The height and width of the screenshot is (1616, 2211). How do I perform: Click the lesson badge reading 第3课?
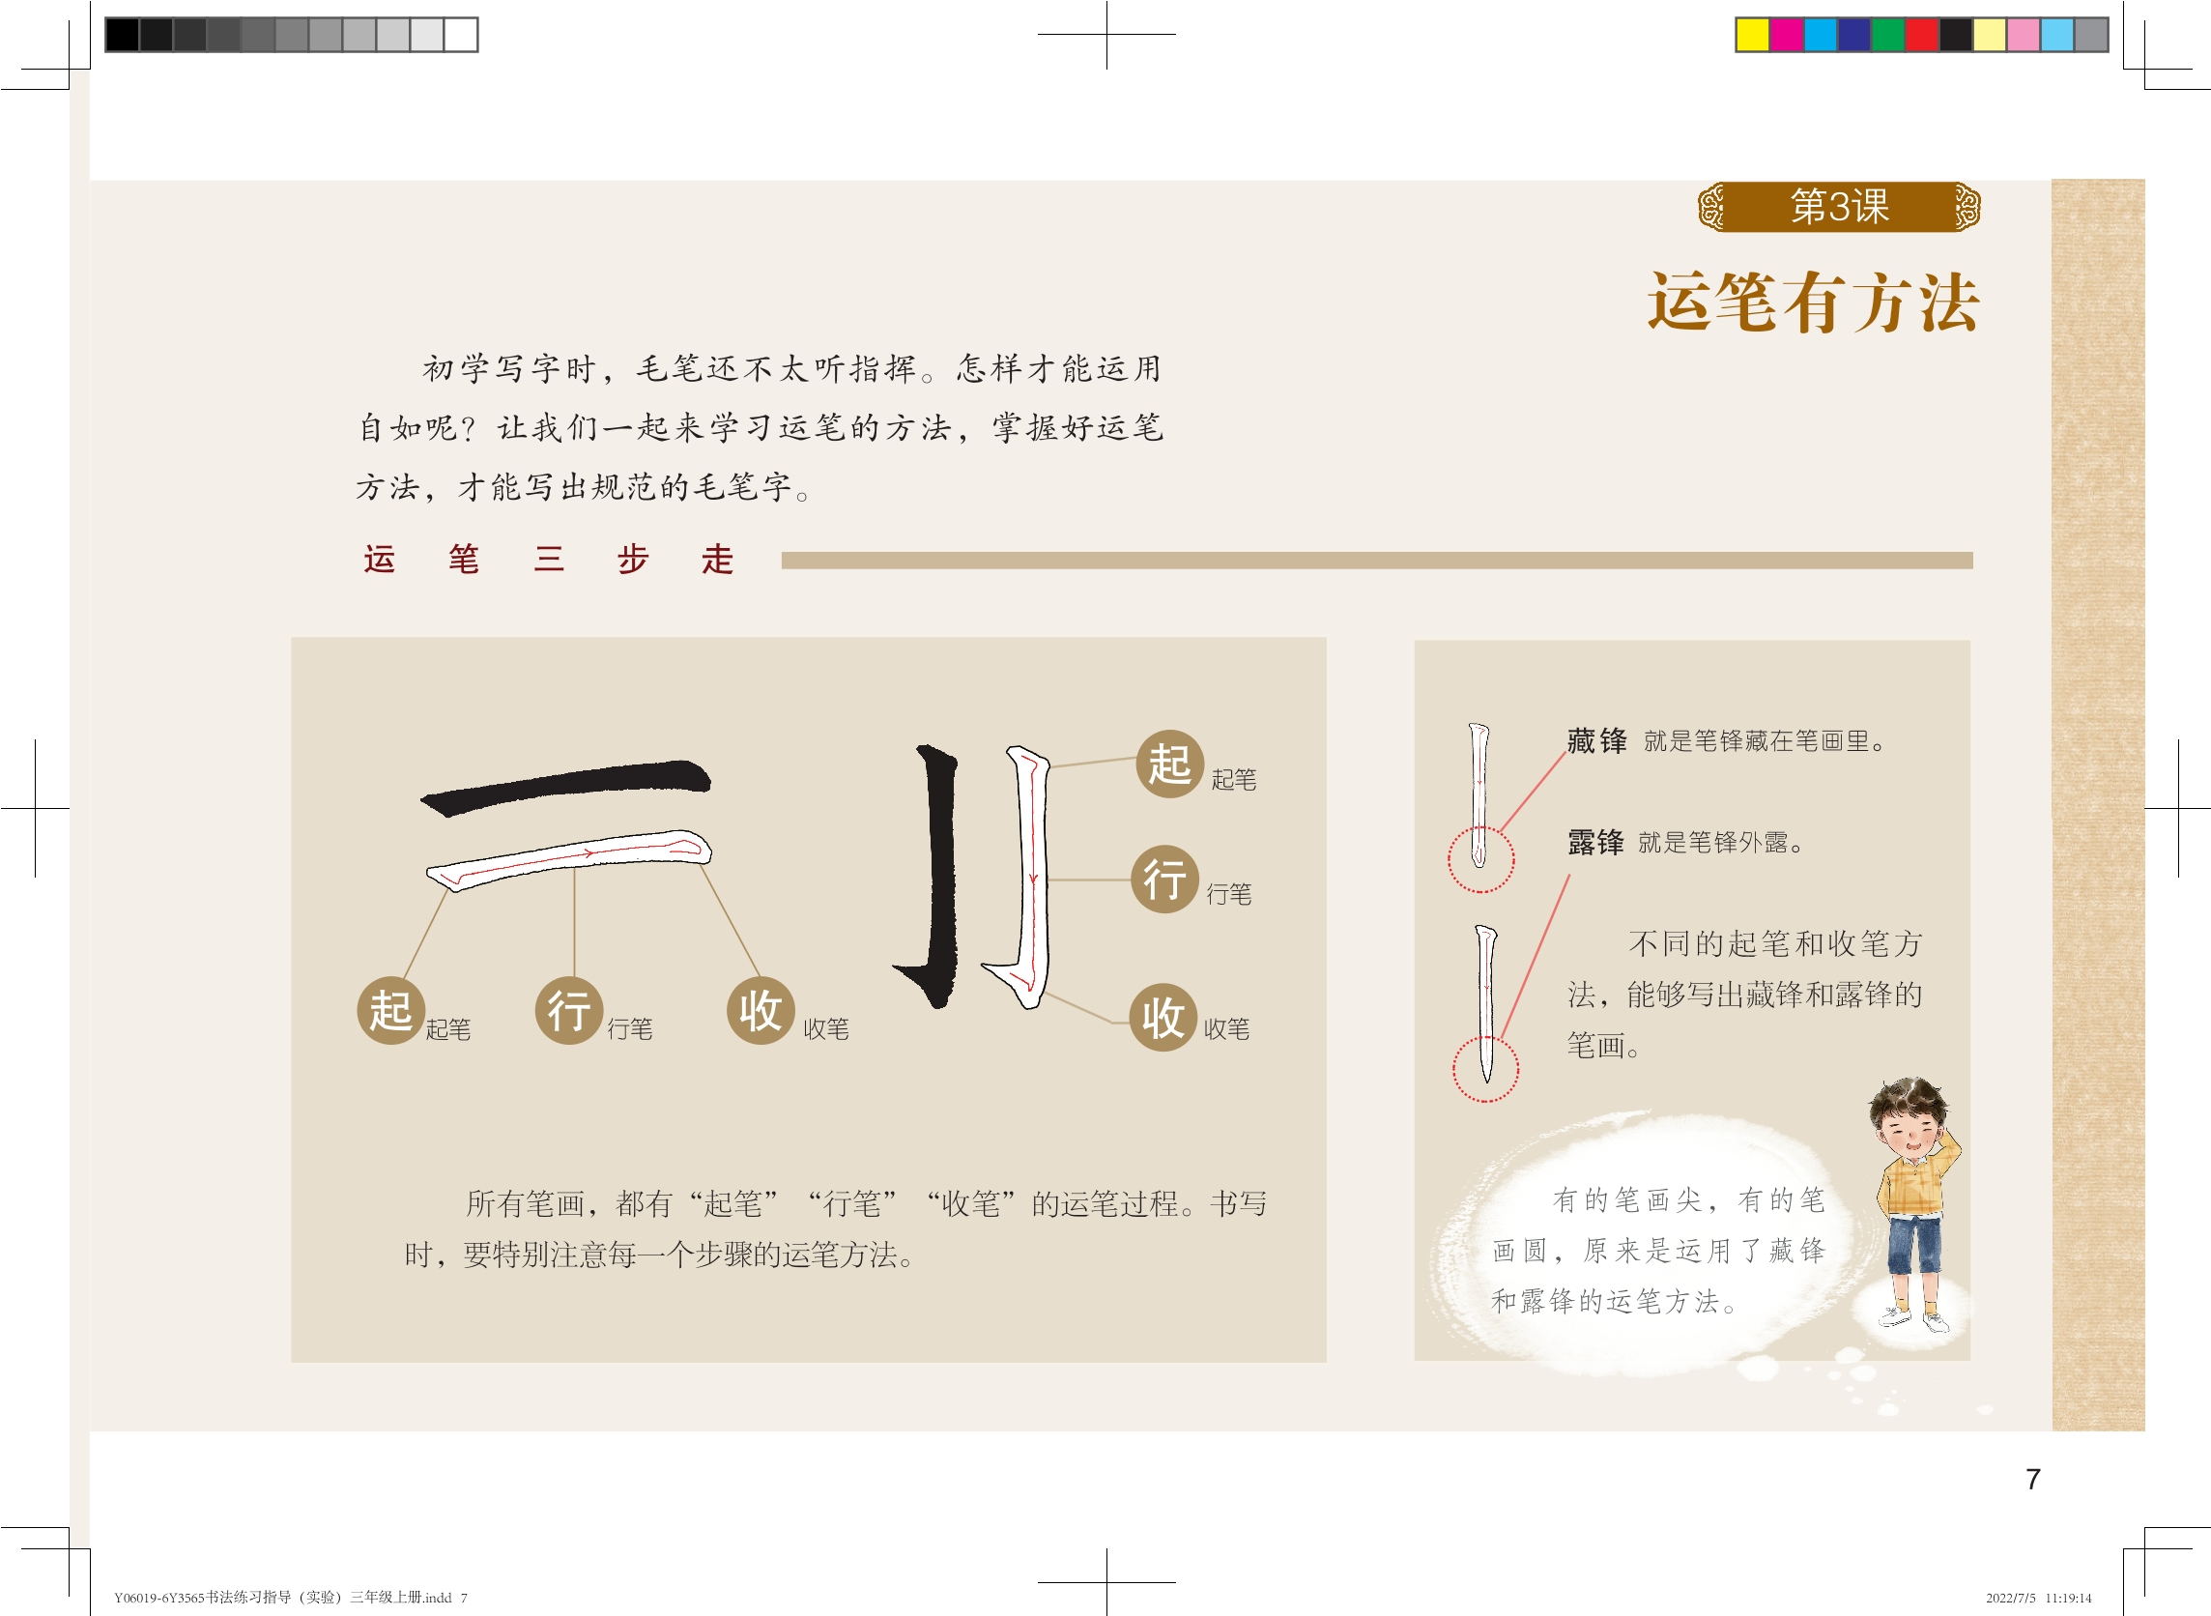pos(1839,207)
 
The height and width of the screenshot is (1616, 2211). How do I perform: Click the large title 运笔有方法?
pos(1813,303)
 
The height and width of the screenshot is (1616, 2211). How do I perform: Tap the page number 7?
pos(2033,1479)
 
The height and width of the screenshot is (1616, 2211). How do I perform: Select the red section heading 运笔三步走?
pos(549,560)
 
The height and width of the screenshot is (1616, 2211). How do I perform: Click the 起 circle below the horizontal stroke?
pos(391,1011)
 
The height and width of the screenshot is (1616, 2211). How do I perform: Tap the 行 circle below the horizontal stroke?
pos(569,1011)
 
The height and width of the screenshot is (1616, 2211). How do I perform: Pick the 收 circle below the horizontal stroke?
pos(761,1011)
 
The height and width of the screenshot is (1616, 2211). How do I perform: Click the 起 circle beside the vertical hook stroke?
pos(1169,764)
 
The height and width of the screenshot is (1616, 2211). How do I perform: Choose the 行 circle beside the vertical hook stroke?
pos(1164,880)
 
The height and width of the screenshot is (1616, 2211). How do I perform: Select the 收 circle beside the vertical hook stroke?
pos(1163,1018)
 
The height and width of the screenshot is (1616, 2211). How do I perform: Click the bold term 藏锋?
pos(1597,740)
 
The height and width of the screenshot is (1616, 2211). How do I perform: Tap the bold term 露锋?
pos(1595,842)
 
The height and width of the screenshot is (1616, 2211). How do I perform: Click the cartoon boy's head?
pos(1907,1116)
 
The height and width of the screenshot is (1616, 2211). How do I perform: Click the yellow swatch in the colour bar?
pos(1752,34)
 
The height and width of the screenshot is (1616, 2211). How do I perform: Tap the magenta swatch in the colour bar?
pos(1787,34)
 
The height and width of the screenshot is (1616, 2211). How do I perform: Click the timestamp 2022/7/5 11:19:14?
pos(2038,1598)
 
